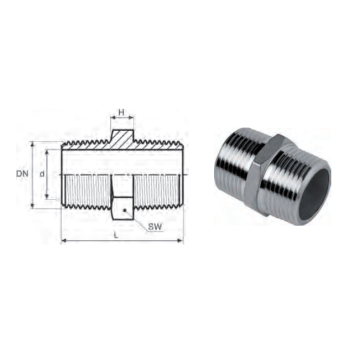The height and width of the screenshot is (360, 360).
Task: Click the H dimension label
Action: [122, 112]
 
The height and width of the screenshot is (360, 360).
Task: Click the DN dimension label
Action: [22, 174]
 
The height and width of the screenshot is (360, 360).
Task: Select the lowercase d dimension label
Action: [42, 174]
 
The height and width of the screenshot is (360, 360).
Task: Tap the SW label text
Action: [155, 227]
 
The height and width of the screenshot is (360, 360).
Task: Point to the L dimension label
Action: [116, 235]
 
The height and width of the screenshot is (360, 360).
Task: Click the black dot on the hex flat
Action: [124, 210]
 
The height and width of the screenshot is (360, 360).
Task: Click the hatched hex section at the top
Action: [122, 139]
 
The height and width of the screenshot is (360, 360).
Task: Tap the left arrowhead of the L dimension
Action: [64, 241]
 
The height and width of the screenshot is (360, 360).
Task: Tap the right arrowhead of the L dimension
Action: [181, 241]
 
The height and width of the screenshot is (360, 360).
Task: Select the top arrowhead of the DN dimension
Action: [33, 144]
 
